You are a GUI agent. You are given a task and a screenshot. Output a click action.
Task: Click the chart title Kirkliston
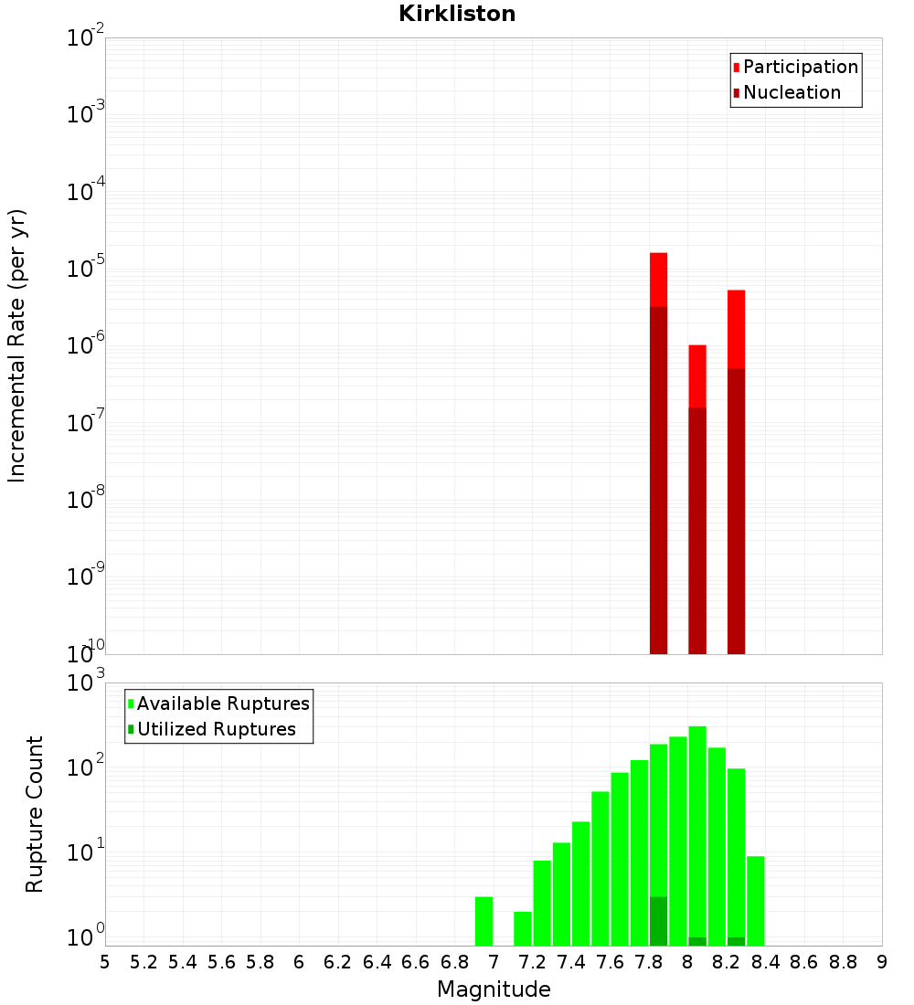tap(457, 14)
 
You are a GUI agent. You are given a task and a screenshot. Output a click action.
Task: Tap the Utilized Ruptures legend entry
tap(216, 729)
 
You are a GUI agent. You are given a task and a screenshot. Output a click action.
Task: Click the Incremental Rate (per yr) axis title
tap(17, 345)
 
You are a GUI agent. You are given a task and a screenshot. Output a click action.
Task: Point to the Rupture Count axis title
tap(35, 814)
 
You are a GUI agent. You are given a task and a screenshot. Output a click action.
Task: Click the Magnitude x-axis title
tap(494, 989)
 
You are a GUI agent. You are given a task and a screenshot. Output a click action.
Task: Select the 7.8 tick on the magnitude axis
tap(649, 962)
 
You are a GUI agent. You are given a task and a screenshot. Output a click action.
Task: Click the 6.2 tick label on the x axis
tap(338, 962)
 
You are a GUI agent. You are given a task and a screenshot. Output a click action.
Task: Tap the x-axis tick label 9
tap(882, 962)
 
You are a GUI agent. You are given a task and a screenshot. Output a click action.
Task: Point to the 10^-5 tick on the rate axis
tap(86, 269)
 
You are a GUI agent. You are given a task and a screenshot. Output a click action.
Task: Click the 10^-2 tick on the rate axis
tap(86, 38)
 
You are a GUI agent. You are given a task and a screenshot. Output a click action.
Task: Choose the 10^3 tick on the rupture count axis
tap(88, 682)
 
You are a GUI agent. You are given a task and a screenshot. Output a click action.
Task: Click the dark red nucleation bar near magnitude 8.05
tap(697, 530)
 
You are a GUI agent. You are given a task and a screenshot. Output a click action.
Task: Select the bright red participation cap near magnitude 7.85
tap(659, 280)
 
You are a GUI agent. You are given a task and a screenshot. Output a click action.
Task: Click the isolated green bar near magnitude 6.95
tap(484, 921)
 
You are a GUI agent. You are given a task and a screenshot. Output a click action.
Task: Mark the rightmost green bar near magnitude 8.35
tap(756, 900)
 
